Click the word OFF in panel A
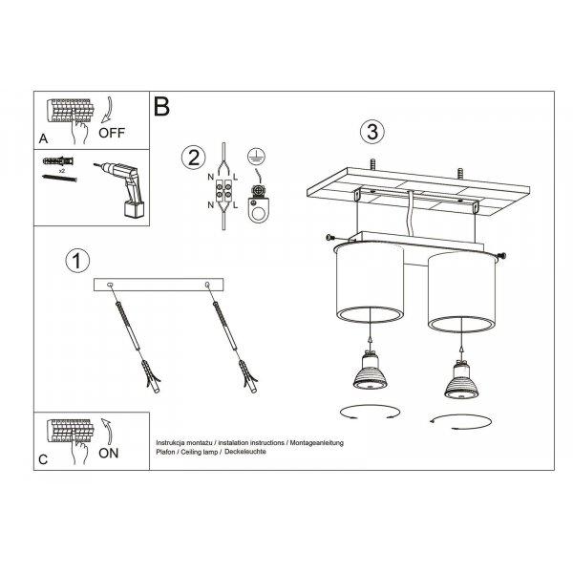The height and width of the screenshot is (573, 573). click(112, 133)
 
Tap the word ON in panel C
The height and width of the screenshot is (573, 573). click(109, 453)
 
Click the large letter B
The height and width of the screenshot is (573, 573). click(161, 106)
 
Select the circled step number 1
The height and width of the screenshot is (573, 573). click(77, 261)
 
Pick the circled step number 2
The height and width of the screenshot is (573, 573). click(194, 158)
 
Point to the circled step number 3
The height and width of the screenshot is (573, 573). click(372, 132)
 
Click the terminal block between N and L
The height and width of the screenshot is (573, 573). click(223, 191)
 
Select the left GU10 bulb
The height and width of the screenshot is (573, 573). click(371, 371)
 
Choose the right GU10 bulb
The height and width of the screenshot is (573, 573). click(461, 381)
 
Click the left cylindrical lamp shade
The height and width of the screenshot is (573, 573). click(370, 284)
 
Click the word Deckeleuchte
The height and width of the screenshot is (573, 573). click(245, 452)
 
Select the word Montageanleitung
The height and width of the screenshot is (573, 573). click(317, 443)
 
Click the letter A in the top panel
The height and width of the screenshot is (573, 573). click(43, 138)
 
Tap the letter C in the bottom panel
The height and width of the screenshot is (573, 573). click(43, 459)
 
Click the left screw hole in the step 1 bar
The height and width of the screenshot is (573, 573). click(110, 285)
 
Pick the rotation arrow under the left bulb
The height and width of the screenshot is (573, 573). click(370, 413)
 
